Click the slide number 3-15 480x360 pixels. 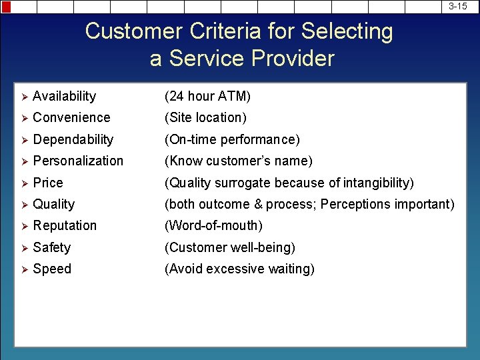(457, 6)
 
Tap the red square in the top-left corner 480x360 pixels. (5, 7)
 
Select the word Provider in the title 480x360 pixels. (293, 59)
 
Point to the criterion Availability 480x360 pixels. (64, 97)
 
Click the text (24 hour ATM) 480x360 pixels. (207, 97)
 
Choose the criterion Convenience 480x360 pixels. (71, 118)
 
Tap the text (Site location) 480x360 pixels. (205, 118)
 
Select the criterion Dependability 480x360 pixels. (73, 139)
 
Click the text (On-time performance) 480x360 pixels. (232, 139)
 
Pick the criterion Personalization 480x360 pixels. (78, 161)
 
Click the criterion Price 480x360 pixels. (48, 183)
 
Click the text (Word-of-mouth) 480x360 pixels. (213, 226)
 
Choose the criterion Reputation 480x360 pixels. (65, 226)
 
